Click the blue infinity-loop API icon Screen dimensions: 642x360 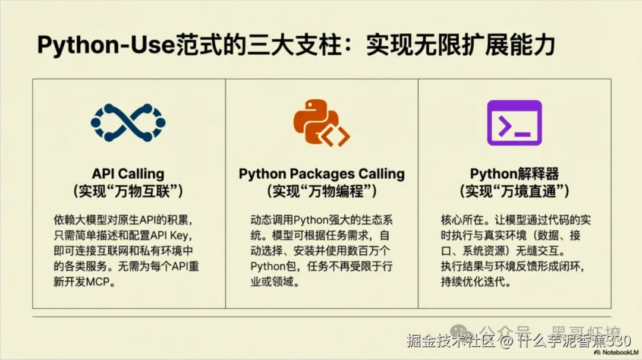(x=128, y=123)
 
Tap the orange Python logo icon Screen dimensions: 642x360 (x=321, y=123)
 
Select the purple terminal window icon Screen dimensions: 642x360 (x=514, y=123)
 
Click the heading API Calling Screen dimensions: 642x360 (x=128, y=174)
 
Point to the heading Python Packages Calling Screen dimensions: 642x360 (x=322, y=174)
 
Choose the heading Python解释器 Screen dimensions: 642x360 (x=514, y=174)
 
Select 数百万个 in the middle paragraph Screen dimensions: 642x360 (x=368, y=251)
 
